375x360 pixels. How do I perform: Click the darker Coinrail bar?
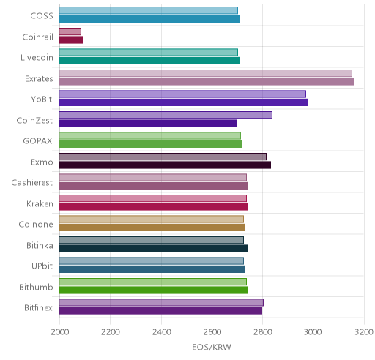click(x=71, y=40)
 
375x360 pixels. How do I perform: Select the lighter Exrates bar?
click(x=206, y=73)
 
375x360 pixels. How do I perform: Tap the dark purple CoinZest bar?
click(x=148, y=124)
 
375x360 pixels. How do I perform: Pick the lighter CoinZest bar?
click(x=166, y=115)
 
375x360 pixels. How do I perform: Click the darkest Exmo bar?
click(x=165, y=165)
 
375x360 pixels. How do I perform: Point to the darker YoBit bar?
click(x=184, y=102)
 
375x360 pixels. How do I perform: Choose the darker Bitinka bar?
click(x=154, y=249)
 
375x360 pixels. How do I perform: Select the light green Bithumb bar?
click(x=153, y=282)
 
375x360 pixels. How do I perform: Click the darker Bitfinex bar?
click(x=160, y=311)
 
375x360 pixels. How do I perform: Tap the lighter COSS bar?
click(x=149, y=10)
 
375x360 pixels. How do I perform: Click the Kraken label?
click(x=40, y=203)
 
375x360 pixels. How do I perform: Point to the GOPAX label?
click(x=37, y=141)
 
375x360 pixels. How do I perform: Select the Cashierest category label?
click(x=32, y=183)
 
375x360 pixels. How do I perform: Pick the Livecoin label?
click(x=37, y=58)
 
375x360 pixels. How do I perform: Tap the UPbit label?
click(x=42, y=266)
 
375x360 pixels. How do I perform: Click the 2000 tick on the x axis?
click(x=60, y=332)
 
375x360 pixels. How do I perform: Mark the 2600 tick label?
click(x=212, y=332)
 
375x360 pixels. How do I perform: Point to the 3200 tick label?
click(x=364, y=332)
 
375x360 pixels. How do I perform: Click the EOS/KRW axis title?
click(x=212, y=347)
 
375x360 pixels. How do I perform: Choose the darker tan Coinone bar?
click(x=152, y=228)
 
